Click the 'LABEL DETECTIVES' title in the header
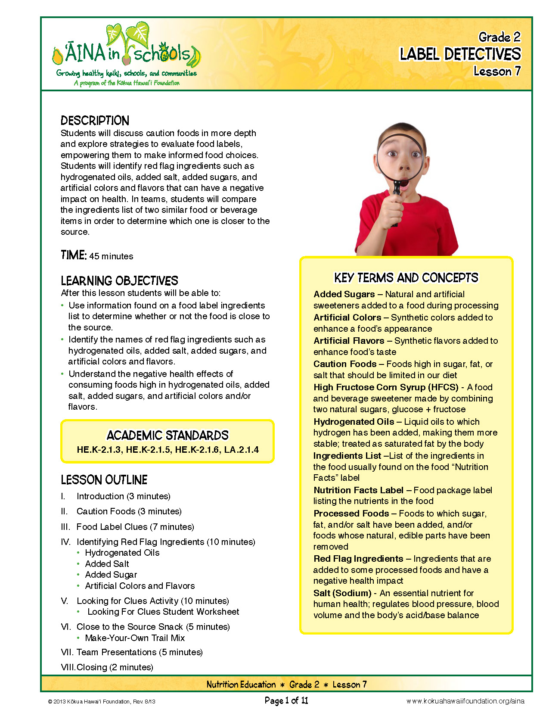(x=460, y=54)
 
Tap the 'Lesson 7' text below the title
(x=497, y=71)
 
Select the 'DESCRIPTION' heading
(x=95, y=121)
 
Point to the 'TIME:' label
(x=74, y=255)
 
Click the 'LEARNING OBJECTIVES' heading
(x=119, y=281)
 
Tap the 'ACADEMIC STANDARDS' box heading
(x=167, y=435)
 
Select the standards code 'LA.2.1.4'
(x=242, y=450)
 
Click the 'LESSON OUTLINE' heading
(x=104, y=480)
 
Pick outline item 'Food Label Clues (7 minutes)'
(x=135, y=527)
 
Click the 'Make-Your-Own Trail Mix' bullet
(x=135, y=638)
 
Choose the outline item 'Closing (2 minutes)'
(x=115, y=667)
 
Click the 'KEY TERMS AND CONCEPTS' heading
(x=406, y=278)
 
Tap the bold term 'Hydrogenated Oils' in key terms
(x=354, y=422)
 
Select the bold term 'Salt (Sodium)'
(x=342, y=593)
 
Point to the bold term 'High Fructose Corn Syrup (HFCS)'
(x=386, y=387)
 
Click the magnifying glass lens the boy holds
(x=401, y=155)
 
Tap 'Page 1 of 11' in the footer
(x=286, y=701)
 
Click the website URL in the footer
(x=465, y=701)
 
